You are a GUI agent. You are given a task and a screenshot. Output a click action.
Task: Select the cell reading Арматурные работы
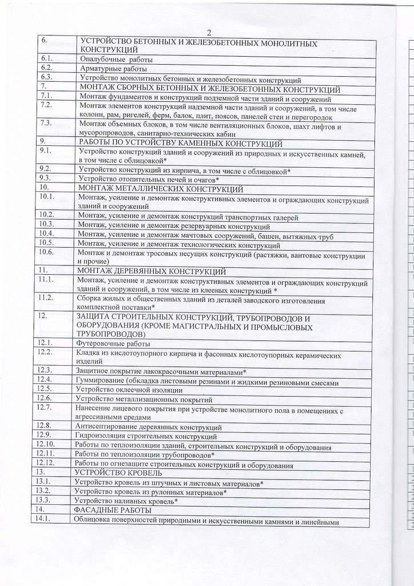pos(108,68)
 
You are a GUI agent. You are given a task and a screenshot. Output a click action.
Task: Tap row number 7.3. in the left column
pos(46,124)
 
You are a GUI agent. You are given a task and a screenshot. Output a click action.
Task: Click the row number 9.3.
pos(46,179)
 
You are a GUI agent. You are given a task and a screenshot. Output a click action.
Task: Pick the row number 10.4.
pos(47,233)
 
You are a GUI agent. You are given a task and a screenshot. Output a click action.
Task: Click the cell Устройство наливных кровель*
pos(126,501)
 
